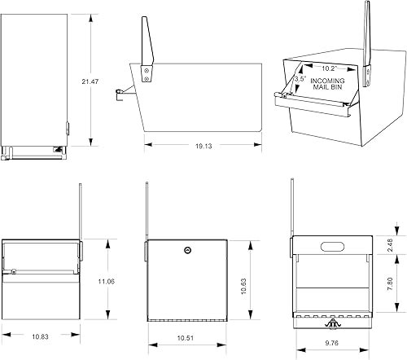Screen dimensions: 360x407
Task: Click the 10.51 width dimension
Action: click(186, 336)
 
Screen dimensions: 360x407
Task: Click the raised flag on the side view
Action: click(147, 41)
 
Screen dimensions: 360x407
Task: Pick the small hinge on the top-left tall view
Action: click(68, 128)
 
